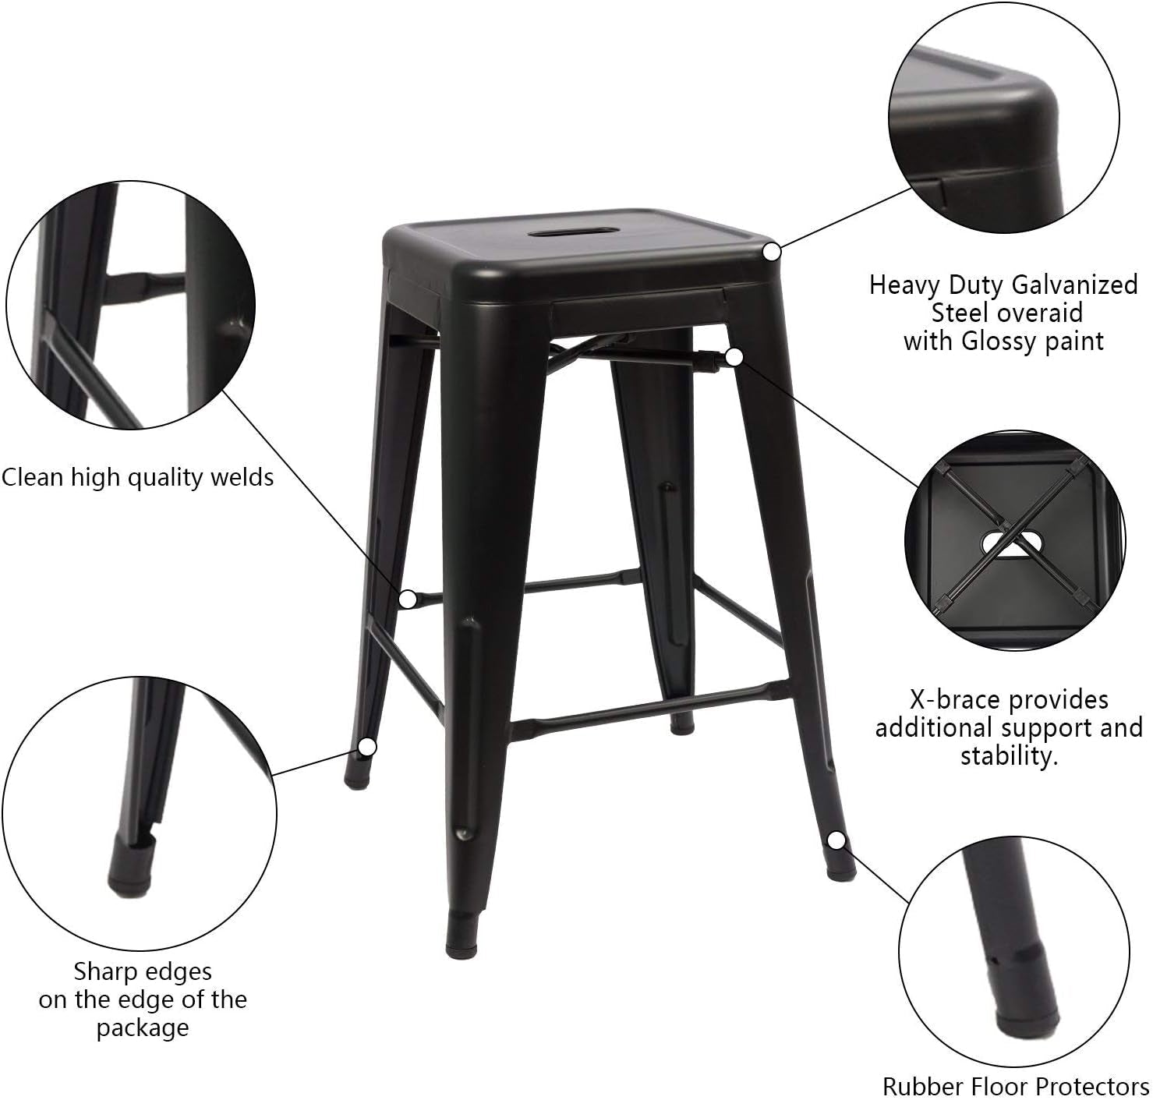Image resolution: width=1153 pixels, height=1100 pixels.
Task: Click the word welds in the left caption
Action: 242,476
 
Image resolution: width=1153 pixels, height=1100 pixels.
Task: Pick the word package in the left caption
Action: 143,1027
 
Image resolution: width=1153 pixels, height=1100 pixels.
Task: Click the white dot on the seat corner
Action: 771,252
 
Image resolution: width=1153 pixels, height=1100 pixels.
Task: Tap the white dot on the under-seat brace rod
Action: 733,357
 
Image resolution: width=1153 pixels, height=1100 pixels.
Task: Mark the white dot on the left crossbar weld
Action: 407,599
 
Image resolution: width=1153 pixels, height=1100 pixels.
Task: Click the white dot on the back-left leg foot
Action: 367,747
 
